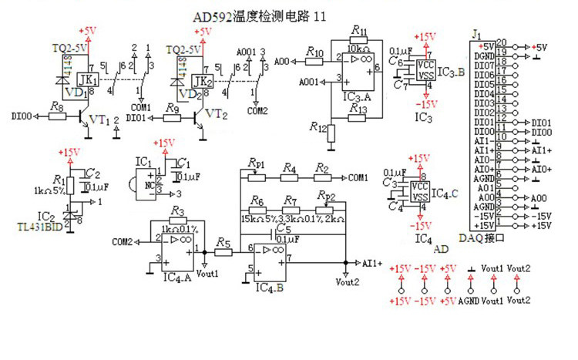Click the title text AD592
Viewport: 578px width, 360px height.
(x=210, y=15)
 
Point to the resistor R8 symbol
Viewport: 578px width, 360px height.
(x=56, y=118)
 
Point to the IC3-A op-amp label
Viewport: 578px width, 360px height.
(x=357, y=96)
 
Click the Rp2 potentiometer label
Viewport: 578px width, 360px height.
(x=326, y=197)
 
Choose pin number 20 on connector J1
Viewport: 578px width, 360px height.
(x=501, y=43)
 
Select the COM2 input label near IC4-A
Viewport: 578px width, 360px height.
(x=122, y=242)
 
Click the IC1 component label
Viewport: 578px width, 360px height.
(x=143, y=162)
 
